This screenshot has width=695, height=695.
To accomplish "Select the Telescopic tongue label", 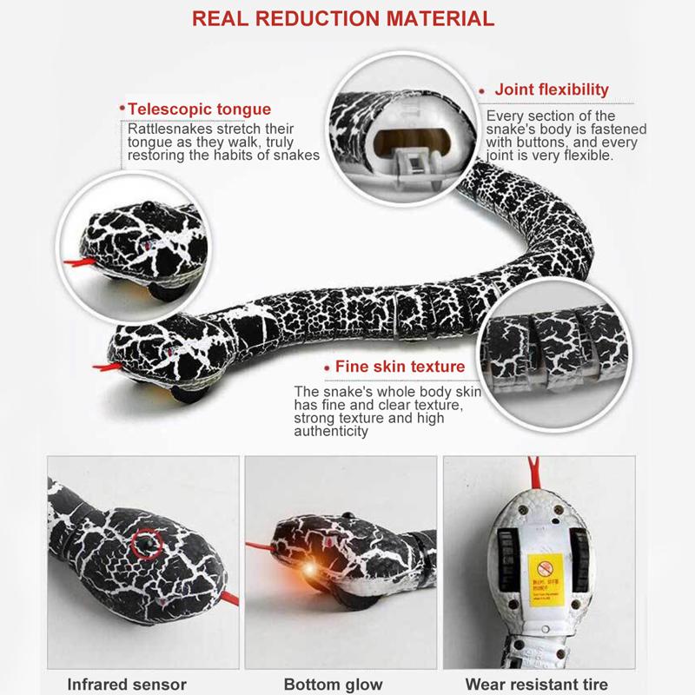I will (x=199, y=109).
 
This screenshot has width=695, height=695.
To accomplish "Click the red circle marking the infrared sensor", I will (x=147, y=546).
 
